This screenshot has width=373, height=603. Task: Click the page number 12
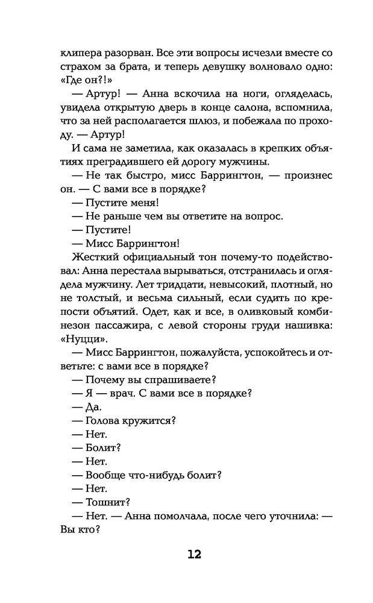pos(186,555)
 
